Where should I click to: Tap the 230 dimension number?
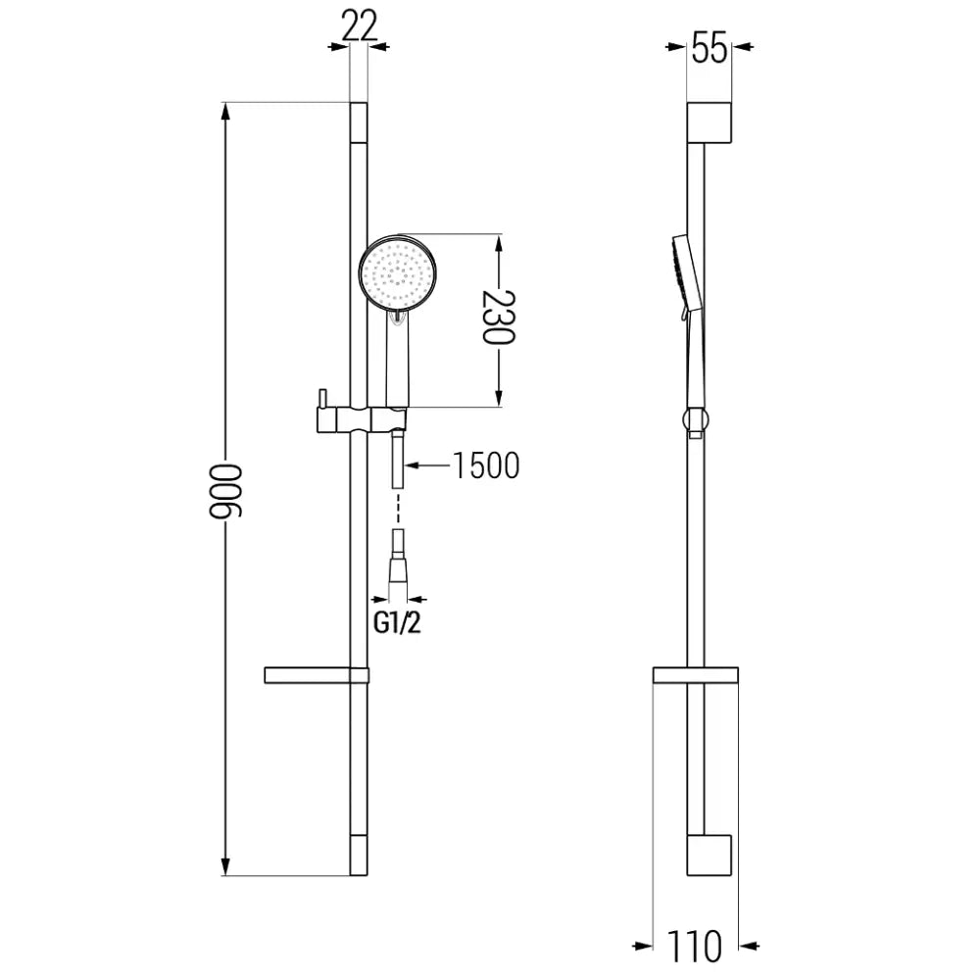(499, 318)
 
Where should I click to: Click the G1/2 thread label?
(398, 623)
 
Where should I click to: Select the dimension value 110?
(697, 947)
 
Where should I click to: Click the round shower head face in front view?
(400, 273)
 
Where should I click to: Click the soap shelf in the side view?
(695, 675)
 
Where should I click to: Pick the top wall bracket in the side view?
(710, 121)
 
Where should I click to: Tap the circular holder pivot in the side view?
(695, 419)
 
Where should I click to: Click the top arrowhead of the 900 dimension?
(227, 111)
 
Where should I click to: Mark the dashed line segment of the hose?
(398, 510)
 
